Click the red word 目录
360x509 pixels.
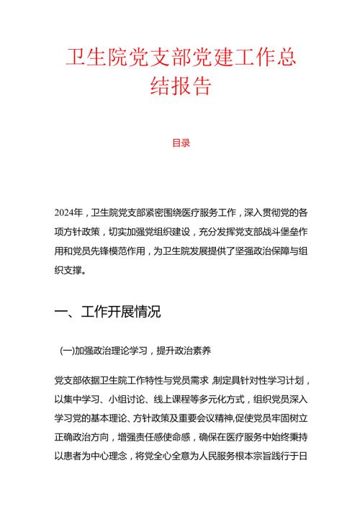pos(181,143)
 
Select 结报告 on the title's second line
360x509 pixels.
pos(180,87)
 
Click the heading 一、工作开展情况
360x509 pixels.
pos(107,312)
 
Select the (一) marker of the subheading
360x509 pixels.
pos(67,351)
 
